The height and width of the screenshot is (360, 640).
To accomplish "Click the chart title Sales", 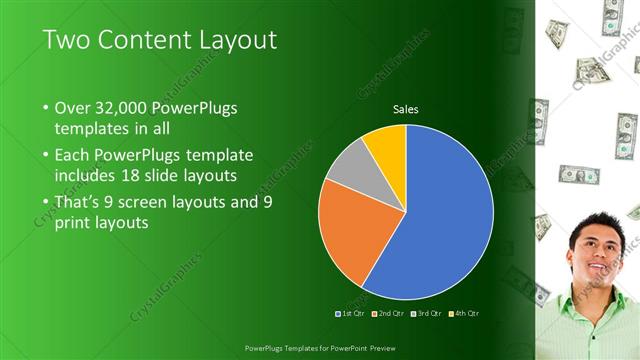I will [x=405, y=109].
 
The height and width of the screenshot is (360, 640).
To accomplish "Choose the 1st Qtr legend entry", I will [x=350, y=314].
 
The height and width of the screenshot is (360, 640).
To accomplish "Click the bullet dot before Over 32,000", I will [x=47, y=108].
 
